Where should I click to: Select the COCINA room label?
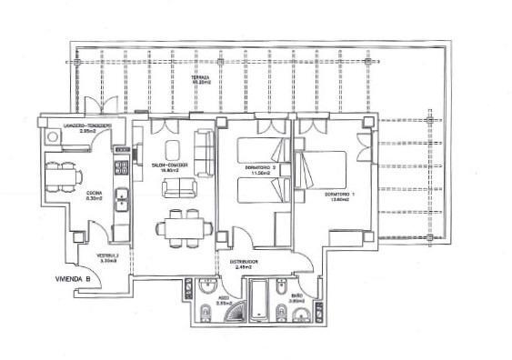[x=94, y=195]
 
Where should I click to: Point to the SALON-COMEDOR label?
[x=170, y=166]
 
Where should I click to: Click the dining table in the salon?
[x=180, y=225]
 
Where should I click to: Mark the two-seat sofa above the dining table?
[x=180, y=189]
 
